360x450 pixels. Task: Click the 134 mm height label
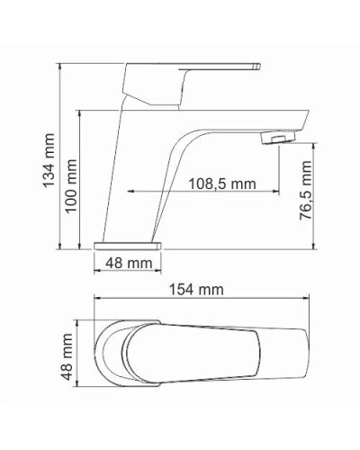pos(48,161)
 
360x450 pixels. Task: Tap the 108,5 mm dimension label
pos(222,184)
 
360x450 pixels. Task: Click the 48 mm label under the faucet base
pos(128,263)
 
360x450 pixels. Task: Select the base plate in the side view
pos(127,244)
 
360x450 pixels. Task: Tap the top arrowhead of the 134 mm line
pos(59,67)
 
